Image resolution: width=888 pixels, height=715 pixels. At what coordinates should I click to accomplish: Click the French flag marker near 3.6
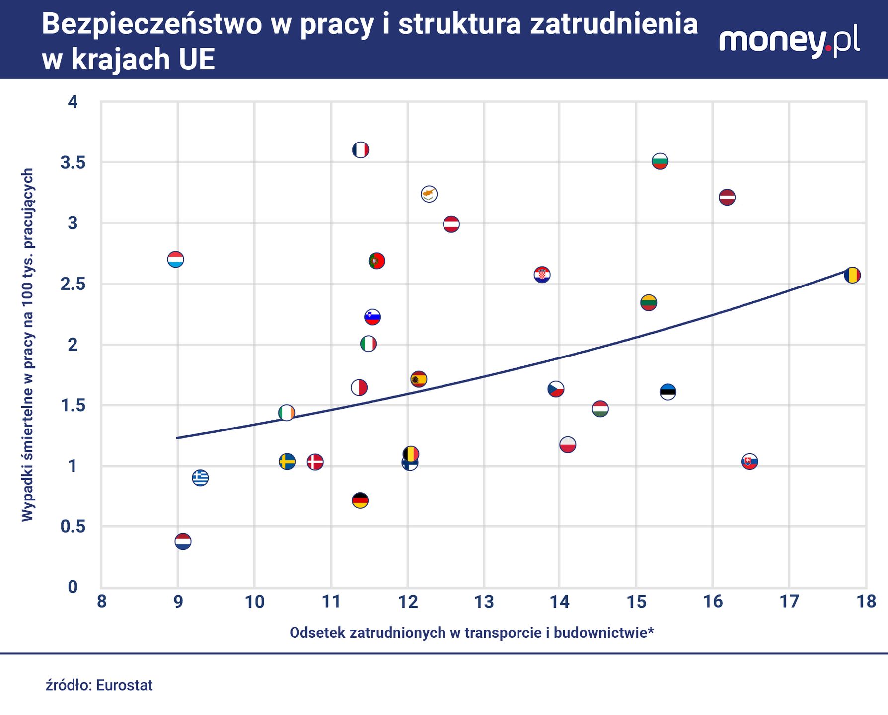(x=361, y=149)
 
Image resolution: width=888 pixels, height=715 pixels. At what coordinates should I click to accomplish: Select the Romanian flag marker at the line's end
(x=852, y=275)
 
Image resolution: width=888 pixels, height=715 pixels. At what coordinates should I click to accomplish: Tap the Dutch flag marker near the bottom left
(x=183, y=541)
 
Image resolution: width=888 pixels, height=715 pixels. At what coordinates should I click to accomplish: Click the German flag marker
(x=360, y=500)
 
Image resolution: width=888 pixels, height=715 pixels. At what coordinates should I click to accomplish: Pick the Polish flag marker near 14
(x=568, y=444)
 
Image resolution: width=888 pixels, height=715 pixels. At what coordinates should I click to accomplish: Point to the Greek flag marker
(x=200, y=478)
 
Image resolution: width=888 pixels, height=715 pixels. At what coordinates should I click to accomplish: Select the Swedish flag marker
(x=287, y=461)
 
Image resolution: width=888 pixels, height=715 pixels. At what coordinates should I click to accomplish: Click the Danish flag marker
(x=315, y=462)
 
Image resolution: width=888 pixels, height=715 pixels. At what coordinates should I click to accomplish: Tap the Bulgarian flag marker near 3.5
(x=660, y=161)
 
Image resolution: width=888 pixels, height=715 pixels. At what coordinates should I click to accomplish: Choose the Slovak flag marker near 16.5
(x=749, y=462)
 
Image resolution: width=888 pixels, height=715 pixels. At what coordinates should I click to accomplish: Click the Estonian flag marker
(x=668, y=392)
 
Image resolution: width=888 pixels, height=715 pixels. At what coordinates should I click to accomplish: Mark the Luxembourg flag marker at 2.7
(x=176, y=259)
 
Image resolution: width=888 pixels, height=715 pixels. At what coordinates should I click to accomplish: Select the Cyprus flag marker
(x=429, y=194)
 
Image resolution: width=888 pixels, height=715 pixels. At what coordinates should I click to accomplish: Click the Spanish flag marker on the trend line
(x=419, y=379)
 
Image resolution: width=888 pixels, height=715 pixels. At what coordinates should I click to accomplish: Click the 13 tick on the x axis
(x=484, y=602)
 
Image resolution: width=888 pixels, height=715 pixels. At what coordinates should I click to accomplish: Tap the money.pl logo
(x=789, y=42)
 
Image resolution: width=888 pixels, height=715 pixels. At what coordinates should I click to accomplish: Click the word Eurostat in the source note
(x=124, y=685)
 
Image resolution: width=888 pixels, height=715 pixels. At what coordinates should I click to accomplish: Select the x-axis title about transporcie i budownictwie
(x=471, y=633)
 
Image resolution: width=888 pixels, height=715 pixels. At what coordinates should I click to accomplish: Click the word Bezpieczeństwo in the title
(x=151, y=24)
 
